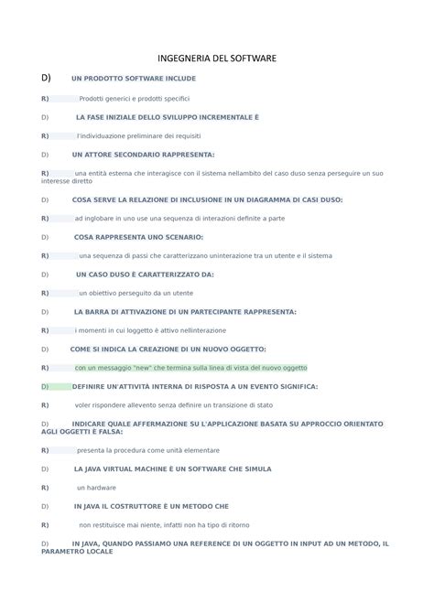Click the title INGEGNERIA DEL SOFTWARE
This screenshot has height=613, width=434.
coord(217,59)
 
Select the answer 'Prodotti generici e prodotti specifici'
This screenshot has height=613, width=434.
coord(135,98)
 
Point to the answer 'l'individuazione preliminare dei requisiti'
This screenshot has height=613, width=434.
coord(139,135)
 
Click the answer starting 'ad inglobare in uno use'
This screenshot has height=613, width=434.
coord(179,219)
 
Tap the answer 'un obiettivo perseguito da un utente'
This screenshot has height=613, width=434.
coord(136,293)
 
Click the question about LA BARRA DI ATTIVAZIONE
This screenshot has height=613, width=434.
coord(185,311)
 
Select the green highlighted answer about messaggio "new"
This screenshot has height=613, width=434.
coord(190,368)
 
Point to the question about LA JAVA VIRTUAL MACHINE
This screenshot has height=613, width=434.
coord(172,468)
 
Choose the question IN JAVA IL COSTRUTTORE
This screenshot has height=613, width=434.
coord(151,506)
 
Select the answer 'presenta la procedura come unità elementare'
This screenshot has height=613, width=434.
coord(148,450)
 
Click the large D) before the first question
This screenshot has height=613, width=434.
coord(47,78)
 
